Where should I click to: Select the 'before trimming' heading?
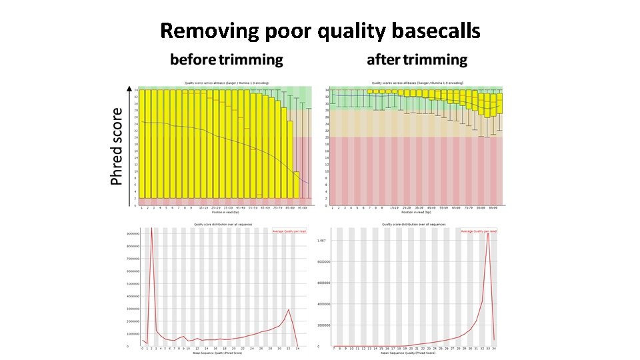(x=226, y=60)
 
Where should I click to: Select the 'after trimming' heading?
(x=417, y=60)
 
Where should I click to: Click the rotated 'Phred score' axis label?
(x=117, y=147)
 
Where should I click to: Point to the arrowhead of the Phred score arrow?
(x=130, y=87)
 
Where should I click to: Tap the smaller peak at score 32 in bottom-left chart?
(x=288, y=309)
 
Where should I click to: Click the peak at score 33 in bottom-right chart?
(x=488, y=234)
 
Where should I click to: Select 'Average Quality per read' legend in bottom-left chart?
(x=291, y=231)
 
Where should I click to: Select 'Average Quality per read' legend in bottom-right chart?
(x=479, y=231)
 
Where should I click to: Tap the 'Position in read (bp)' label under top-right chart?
(x=416, y=213)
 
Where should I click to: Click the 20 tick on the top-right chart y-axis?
(x=327, y=137)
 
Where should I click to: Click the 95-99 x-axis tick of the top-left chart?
(x=303, y=209)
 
